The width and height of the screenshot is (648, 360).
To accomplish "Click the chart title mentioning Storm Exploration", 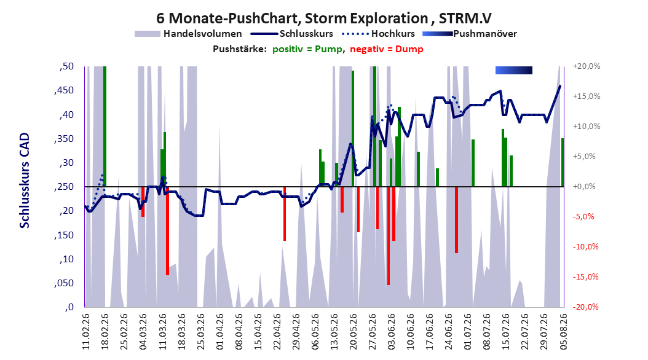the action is tap(324, 18).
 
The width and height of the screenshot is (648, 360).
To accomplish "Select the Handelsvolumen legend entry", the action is tap(189, 34).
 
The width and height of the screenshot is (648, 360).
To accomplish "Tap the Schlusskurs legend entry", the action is tap(292, 34).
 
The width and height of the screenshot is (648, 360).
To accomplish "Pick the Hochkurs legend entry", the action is tap(379, 34).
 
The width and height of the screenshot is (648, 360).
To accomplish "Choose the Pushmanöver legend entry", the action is tap(470, 34).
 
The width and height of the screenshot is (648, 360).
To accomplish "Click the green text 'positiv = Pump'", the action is tap(307, 49).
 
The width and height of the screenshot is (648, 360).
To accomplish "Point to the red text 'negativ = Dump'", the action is tap(387, 49).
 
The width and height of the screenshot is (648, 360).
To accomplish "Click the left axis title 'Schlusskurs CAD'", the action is tap(25, 180).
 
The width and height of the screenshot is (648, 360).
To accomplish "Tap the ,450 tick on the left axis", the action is tap(64, 90).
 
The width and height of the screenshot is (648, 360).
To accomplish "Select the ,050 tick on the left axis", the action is tap(64, 283).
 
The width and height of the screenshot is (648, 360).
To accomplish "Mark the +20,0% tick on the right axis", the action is tap(587, 66).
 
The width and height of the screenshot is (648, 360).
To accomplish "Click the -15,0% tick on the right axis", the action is tap(585, 276).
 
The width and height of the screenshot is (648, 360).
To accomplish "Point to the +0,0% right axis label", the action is tap(584, 187).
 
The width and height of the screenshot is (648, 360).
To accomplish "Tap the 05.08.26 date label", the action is tap(563, 332).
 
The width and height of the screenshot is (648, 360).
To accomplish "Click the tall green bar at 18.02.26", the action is tap(105, 127).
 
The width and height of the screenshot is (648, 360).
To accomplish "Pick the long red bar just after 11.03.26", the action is tap(167, 231).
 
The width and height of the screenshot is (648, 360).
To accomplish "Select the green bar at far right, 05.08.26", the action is tap(563, 162).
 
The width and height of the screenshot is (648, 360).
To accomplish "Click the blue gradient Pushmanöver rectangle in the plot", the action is tap(514, 70).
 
